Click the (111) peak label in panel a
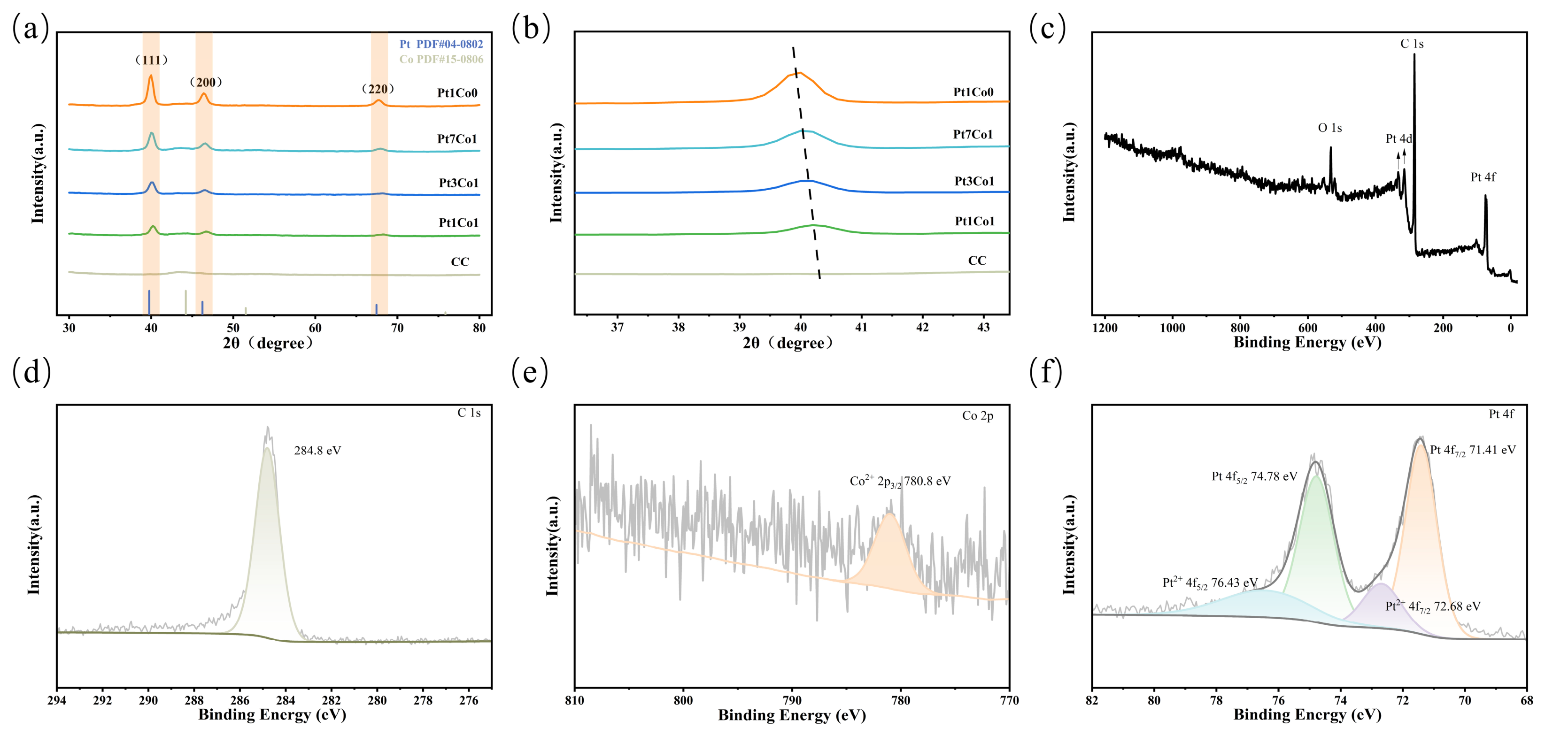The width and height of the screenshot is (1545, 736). click(151, 60)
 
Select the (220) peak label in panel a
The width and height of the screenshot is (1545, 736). click(378, 89)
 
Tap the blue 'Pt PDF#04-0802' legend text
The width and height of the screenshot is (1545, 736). click(441, 44)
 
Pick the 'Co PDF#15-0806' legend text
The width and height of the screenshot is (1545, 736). click(441, 59)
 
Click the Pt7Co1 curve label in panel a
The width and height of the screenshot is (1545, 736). click(457, 139)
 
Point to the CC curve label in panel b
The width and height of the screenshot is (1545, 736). click(977, 261)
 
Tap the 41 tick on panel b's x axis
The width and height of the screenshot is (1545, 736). click(861, 327)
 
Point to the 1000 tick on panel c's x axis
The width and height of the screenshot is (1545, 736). click(1173, 328)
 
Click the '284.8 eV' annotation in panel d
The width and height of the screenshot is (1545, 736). click(317, 451)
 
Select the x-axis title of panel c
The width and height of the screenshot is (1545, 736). click(1307, 342)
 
